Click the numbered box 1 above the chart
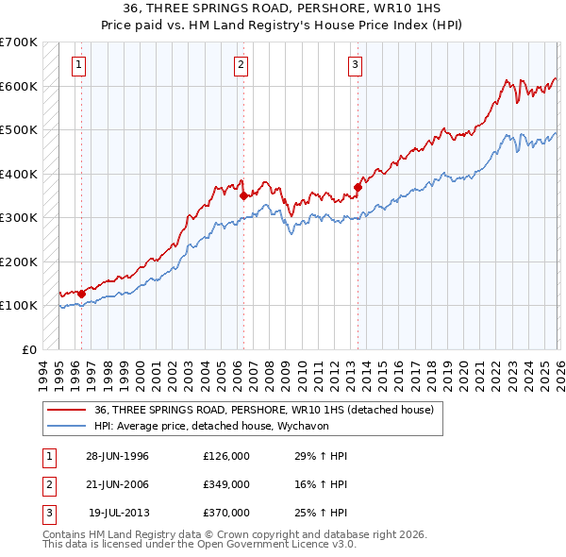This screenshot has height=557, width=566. point(77,65)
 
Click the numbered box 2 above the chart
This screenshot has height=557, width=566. point(241,65)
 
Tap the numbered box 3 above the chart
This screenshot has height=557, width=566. point(355,65)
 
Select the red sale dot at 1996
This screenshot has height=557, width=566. point(82,295)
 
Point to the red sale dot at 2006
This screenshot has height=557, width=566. point(243,196)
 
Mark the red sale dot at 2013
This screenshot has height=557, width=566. point(358,187)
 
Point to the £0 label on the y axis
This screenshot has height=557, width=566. point(28,349)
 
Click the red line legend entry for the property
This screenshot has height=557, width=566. point(263,410)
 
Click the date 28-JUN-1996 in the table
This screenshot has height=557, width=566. point(117,456)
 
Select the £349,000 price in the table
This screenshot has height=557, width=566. point(226,484)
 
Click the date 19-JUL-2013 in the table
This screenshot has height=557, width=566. point(119,513)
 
